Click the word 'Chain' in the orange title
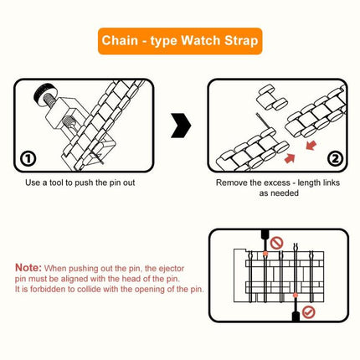[121, 40]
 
